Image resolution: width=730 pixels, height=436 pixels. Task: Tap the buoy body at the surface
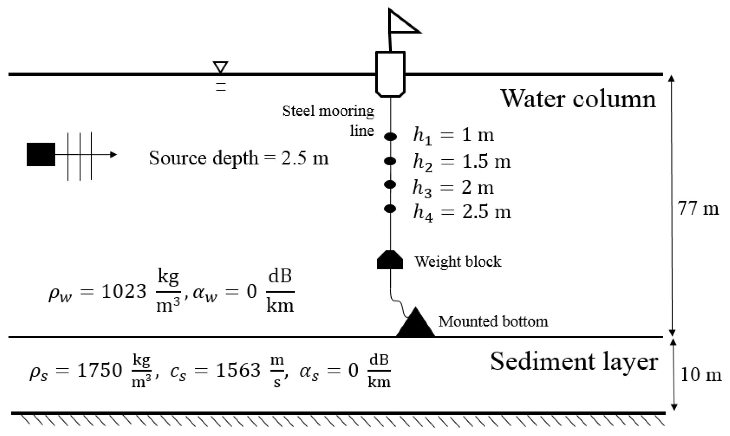pyautogui.click(x=390, y=74)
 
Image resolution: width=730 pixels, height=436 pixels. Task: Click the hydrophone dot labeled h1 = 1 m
pyautogui.click(x=390, y=137)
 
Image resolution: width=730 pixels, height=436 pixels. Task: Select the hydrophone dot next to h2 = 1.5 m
pyautogui.click(x=390, y=161)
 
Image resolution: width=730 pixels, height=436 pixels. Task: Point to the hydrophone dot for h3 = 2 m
pyautogui.click(x=390, y=184)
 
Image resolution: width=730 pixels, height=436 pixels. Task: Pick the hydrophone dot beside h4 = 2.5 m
pyautogui.click(x=390, y=209)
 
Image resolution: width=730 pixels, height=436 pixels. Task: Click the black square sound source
pyautogui.click(x=41, y=154)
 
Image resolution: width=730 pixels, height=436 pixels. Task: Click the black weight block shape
pyautogui.click(x=390, y=260)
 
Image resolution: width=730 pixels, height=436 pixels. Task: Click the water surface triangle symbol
pyautogui.click(x=221, y=67)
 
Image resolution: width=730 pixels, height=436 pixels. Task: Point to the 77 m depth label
pyautogui.click(x=698, y=209)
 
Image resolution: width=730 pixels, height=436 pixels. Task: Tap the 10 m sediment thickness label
pyautogui.click(x=701, y=375)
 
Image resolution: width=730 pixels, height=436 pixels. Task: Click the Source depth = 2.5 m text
pyautogui.click(x=239, y=158)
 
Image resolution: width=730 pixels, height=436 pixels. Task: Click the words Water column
pyautogui.click(x=578, y=99)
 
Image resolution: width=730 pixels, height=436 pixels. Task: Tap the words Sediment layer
pyautogui.click(x=574, y=362)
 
